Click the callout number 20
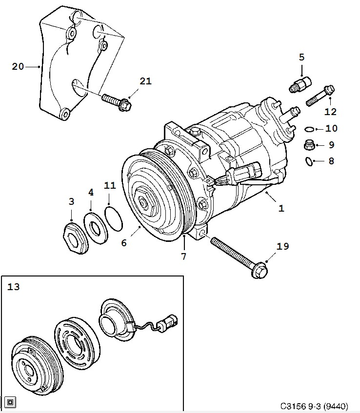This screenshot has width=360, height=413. (x=18, y=67)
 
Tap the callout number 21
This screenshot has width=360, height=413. (x=145, y=81)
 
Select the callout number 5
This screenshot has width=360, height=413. (x=301, y=57)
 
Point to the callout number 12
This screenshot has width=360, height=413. (x=330, y=112)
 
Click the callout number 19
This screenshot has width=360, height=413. (x=283, y=247)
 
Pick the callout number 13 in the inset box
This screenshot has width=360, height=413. (x=14, y=287)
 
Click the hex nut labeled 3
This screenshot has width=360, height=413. (x=74, y=239)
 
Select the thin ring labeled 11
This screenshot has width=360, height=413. (x=112, y=219)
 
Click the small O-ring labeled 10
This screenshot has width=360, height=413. (x=309, y=129)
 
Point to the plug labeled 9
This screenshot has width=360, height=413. (x=308, y=144)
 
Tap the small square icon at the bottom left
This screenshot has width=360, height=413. (x=11, y=402)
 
